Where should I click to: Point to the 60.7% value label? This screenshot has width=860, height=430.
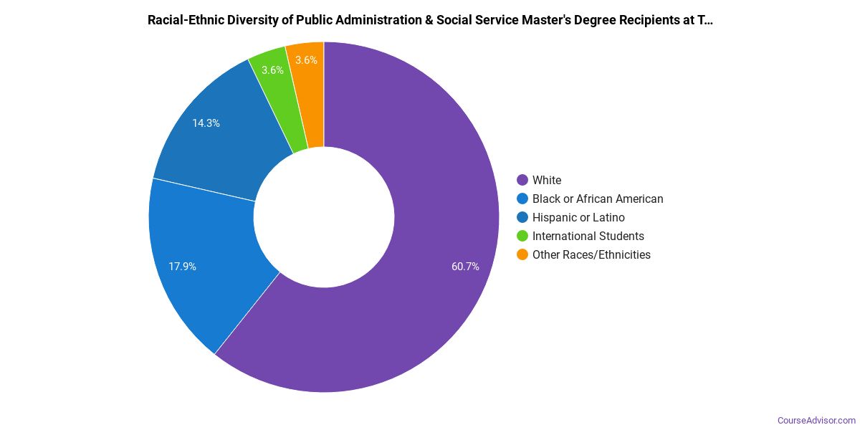pyautogui.click(x=465, y=267)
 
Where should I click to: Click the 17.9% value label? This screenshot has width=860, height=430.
pyautogui.click(x=183, y=267)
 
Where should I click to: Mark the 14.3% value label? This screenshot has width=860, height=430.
pyautogui.click(x=206, y=123)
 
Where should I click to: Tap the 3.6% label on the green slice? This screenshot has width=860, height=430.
pyautogui.click(x=272, y=70)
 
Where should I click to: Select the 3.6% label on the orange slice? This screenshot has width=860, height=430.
pyautogui.click(x=306, y=60)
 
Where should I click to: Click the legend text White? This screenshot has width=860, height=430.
pyautogui.click(x=547, y=180)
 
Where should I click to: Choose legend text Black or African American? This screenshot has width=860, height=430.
pyautogui.click(x=598, y=199)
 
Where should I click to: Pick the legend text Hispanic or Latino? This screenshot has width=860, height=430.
pyautogui.click(x=578, y=217)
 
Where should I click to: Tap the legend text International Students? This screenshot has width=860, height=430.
pyautogui.click(x=588, y=236)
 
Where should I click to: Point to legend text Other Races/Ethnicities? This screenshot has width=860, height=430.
pyautogui.click(x=591, y=254)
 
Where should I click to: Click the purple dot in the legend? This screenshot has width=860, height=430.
pyautogui.click(x=522, y=180)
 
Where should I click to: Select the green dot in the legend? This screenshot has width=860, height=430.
pyautogui.click(x=522, y=236)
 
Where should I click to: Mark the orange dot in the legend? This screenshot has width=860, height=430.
pyautogui.click(x=522, y=254)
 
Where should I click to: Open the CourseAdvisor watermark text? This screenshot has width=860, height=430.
pyautogui.click(x=816, y=420)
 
